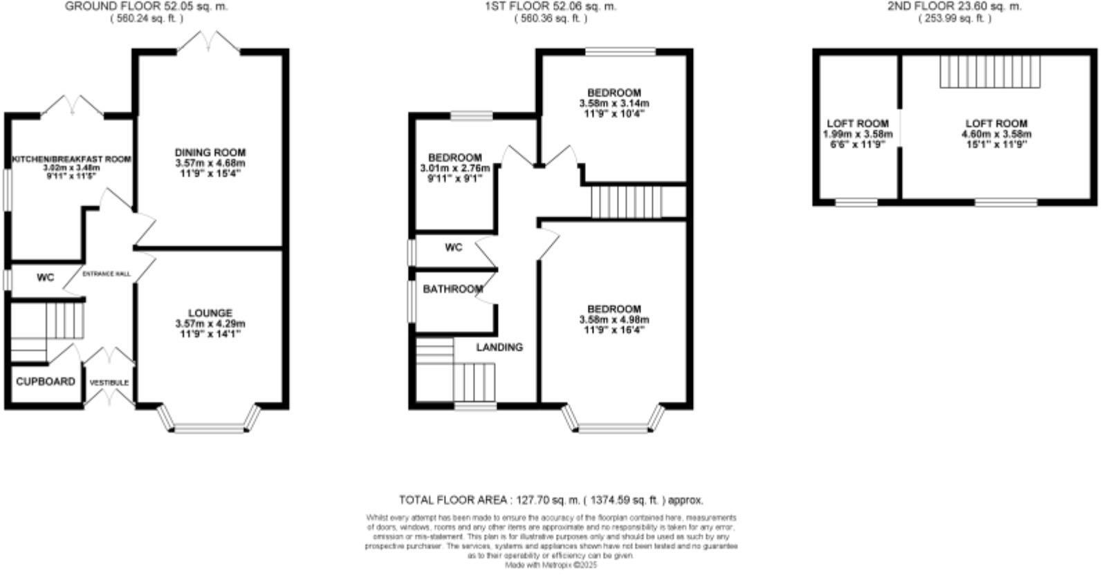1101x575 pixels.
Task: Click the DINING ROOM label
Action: [x=210, y=153]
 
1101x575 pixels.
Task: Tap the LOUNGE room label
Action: [x=210, y=313]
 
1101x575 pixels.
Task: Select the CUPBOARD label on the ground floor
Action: [x=46, y=381]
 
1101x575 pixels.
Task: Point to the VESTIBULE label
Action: [x=109, y=382]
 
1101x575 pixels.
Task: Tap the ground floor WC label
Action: [x=46, y=278]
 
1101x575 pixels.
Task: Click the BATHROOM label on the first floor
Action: [x=453, y=289]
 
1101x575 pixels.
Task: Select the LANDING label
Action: [x=499, y=347]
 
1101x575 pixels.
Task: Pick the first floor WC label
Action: [x=454, y=247]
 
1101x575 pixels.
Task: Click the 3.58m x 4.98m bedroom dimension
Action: [x=614, y=320]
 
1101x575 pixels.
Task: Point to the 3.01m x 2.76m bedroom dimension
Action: [x=454, y=168]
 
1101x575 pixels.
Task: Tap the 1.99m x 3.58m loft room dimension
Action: [x=858, y=134]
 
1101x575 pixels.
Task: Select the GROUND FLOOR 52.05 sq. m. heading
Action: [x=146, y=7]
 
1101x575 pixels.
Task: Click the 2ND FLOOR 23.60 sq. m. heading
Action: [x=954, y=7]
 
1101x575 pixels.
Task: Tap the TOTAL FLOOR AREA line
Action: [x=550, y=500]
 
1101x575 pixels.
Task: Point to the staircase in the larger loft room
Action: [x=990, y=71]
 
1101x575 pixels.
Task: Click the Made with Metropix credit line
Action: [x=550, y=565]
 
